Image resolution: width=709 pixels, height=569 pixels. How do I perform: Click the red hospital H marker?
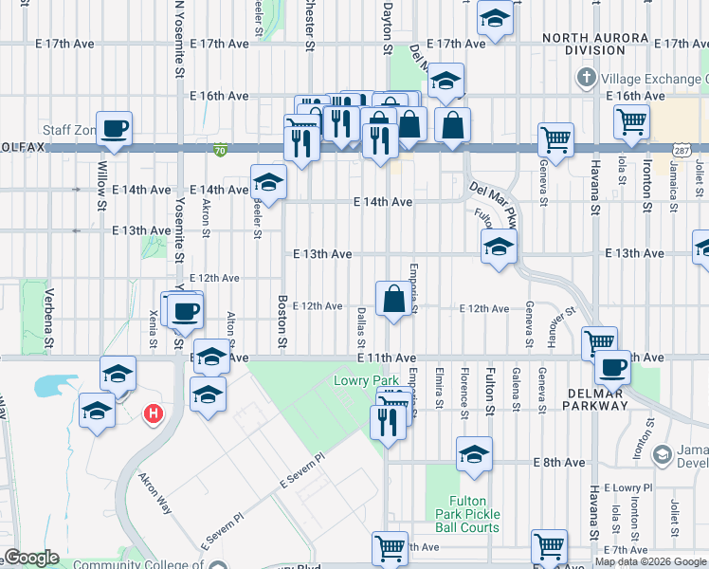(x=152, y=414)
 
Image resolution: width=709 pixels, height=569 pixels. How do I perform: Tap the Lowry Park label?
(x=355, y=381)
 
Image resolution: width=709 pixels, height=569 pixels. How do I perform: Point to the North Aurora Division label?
(x=584, y=44)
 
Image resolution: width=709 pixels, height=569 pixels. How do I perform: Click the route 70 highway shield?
(x=220, y=150)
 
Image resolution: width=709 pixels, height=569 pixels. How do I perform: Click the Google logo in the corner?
(x=31, y=558)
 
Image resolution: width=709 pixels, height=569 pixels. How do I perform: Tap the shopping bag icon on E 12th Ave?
(x=393, y=300)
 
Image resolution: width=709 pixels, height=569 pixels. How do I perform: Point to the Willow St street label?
(x=101, y=185)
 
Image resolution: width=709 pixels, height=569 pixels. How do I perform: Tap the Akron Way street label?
(x=155, y=493)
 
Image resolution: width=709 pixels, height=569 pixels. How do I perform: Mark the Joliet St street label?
(x=675, y=514)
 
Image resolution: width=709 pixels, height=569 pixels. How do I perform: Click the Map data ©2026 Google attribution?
(x=651, y=561)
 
